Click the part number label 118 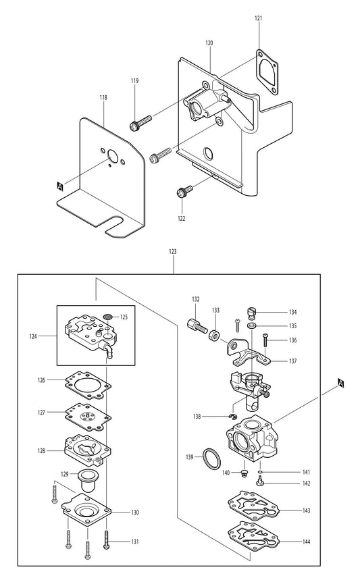pos(103,98)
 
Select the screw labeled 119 pos(140,123)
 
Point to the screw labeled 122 pos(183,192)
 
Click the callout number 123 pos(173,251)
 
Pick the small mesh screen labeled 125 pos(108,316)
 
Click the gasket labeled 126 pos(86,386)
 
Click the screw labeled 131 pos(106,539)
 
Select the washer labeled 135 pos(251,325)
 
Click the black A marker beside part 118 pos(60,184)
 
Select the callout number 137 pos(292,361)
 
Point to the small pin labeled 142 pos(259,481)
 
